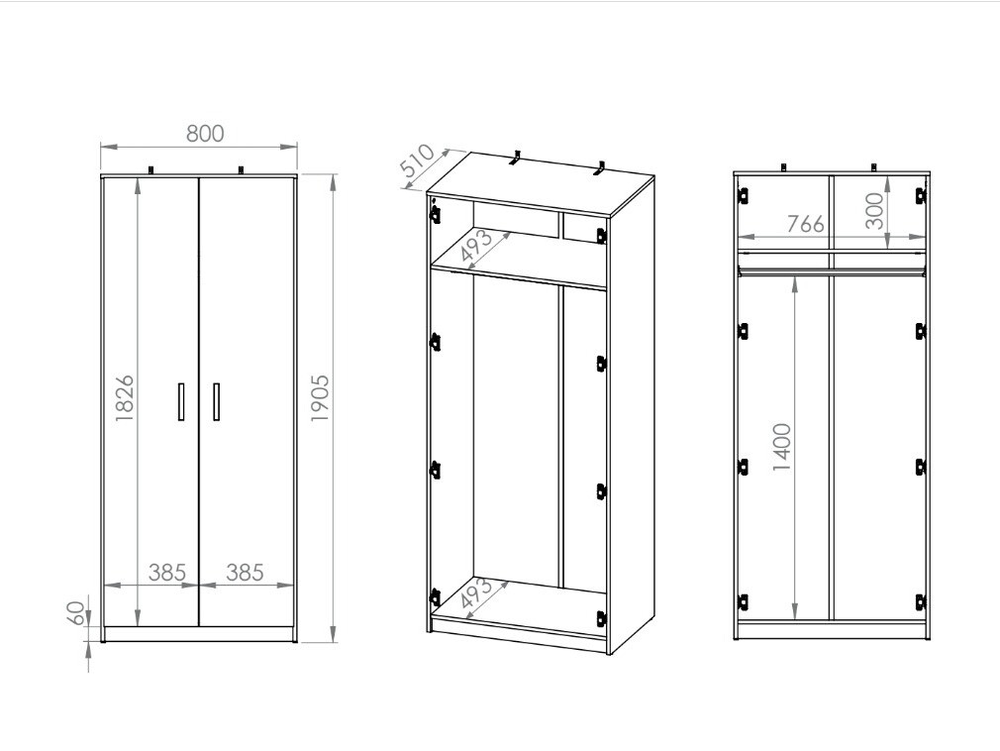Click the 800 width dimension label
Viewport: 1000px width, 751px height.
(205, 134)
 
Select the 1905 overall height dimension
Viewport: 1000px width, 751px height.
(319, 397)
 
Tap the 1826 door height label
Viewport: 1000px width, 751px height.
(125, 397)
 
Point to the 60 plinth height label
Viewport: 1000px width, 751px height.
(76, 612)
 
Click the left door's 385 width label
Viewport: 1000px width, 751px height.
(167, 573)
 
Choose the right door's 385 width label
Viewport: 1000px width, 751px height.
(246, 573)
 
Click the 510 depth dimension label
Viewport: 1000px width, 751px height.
(417, 162)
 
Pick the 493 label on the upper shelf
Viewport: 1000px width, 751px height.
(477, 248)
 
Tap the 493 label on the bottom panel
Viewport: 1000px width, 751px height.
(477, 594)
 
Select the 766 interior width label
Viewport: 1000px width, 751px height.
(806, 224)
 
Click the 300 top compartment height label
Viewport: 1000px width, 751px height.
(875, 211)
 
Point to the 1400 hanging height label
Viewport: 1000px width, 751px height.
(782, 447)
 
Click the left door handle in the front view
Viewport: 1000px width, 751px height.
(181, 401)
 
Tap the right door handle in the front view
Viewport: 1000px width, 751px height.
(216, 401)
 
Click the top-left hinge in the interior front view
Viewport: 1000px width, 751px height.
(743, 195)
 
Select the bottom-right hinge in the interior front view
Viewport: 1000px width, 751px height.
(920, 601)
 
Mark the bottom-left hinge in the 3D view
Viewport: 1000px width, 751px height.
(435, 597)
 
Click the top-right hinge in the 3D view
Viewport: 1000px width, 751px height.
(600, 236)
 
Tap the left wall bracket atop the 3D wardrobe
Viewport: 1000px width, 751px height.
(516, 159)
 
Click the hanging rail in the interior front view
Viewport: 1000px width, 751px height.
(831, 272)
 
